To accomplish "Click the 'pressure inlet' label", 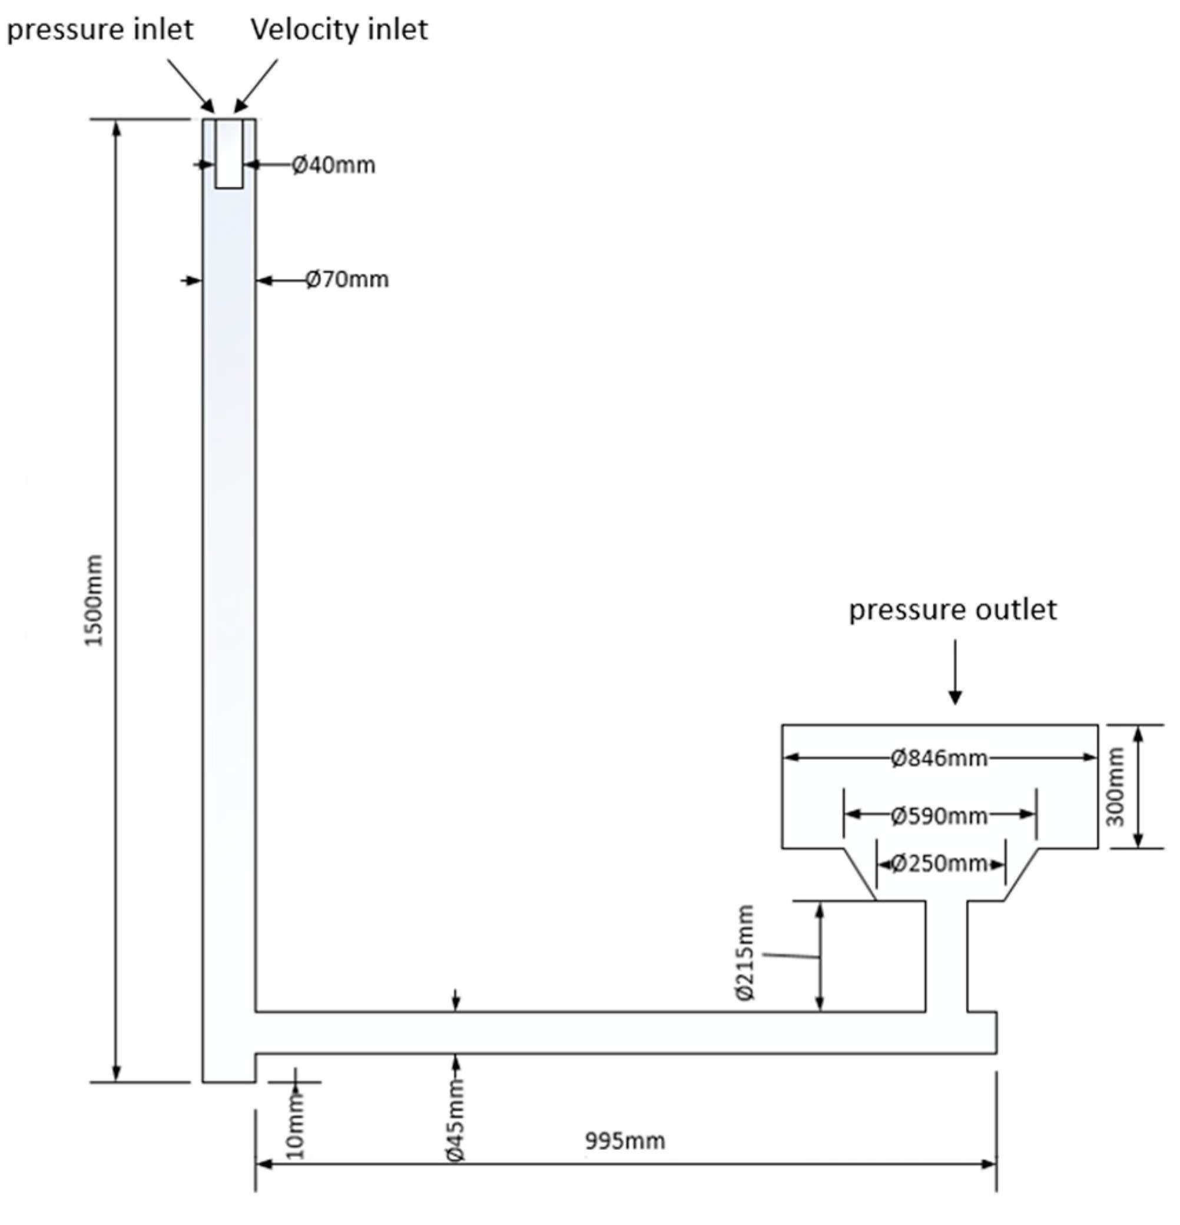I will (x=100, y=30).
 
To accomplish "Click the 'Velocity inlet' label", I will (x=340, y=29).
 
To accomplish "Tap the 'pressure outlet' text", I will (x=952, y=610).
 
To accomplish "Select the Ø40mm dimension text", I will (x=334, y=165).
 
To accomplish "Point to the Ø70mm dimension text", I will (x=347, y=280).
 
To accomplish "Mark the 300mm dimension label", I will (x=1116, y=786).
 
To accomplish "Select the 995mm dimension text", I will (x=625, y=1141).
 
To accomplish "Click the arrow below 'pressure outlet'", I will (x=954, y=672).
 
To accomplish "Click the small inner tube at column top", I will (x=229, y=153).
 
